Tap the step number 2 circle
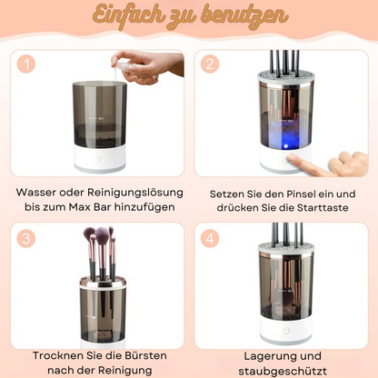(211, 65)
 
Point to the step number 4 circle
(211, 239)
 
